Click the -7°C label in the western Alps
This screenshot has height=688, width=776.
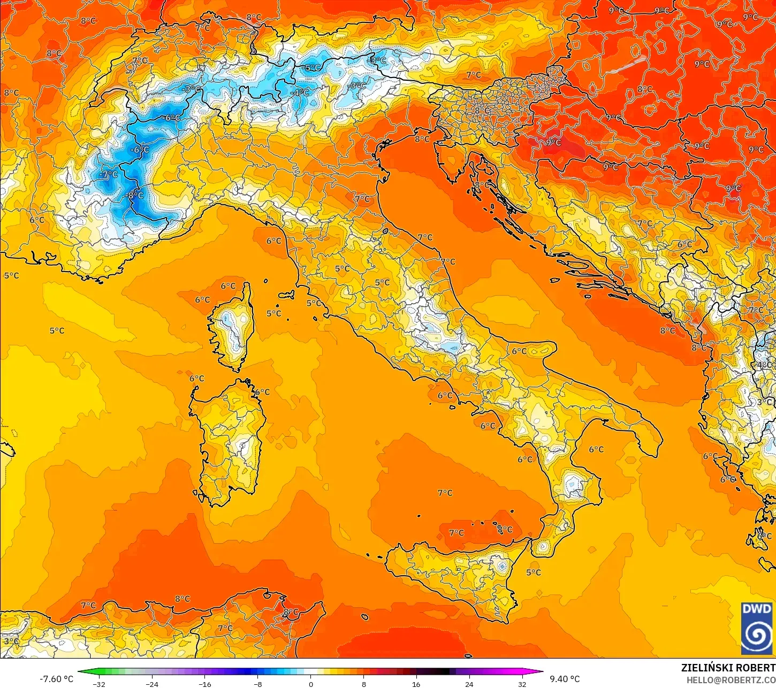tap(109, 175)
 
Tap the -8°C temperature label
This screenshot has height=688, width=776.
tap(135, 196)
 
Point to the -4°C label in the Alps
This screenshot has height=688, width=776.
tap(300, 92)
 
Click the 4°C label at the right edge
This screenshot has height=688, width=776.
tap(765, 366)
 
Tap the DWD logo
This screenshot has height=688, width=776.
tap(757, 628)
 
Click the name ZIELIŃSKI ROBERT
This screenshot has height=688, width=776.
tap(728, 668)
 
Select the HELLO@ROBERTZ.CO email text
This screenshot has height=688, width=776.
tap(731, 679)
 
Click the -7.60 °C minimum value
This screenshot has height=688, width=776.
tap(56, 679)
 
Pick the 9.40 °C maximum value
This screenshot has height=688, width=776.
tap(565, 679)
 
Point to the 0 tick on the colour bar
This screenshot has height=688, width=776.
tap(310, 684)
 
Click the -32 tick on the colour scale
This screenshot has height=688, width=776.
tap(99, 684)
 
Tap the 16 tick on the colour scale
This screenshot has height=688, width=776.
tap(416, 684)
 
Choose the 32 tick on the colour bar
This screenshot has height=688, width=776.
tap(522, 684)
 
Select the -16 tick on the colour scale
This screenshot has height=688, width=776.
tap(205, 684)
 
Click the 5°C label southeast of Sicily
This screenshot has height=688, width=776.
tap(534, 573)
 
